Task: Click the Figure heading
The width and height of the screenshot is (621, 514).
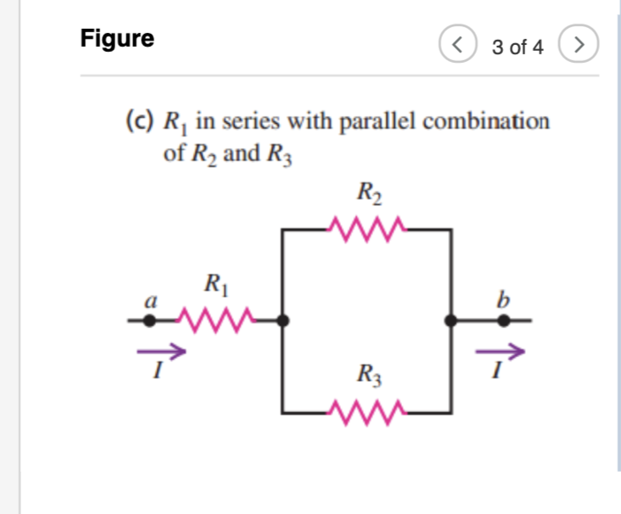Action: coord(117,39)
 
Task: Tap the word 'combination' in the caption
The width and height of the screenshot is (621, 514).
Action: coord(486,121)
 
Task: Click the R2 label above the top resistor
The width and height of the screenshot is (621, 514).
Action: coord(369,193)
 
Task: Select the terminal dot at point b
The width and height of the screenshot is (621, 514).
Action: coord(503,321)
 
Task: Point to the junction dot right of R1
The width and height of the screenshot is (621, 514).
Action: coord(286,321)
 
